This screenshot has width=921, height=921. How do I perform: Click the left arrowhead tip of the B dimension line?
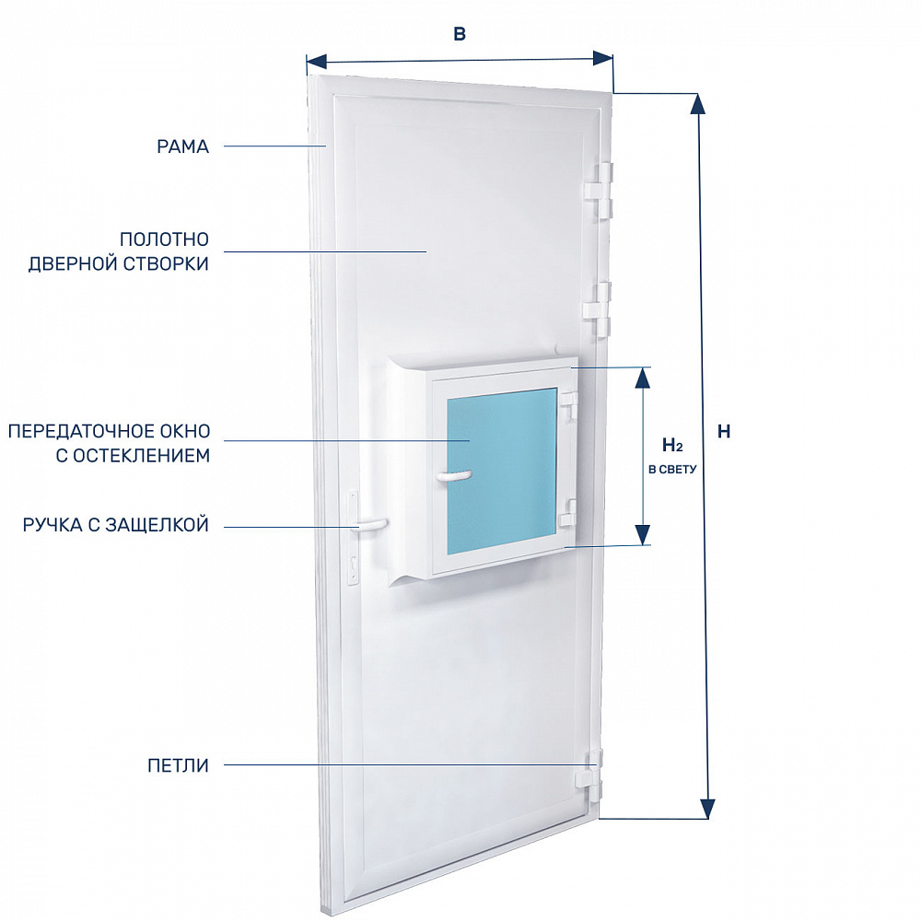pyautogui.click(x=308, y=61)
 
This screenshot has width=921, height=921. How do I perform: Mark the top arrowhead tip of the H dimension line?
pyautogui.click(x=697, y=94)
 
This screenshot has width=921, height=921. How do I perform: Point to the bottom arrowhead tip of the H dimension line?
pyautogui.click(x=709, y=818)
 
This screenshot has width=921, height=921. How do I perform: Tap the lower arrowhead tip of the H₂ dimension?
pyautogui.click(x=643, y=544)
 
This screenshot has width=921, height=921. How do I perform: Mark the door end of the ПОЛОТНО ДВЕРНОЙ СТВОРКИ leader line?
pyautogui.click(x=426, y=252)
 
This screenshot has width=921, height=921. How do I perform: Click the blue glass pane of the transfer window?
pyautogui.click(x=502, y=471)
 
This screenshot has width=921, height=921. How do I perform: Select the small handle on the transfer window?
pyautogui.click(x=453, y=476)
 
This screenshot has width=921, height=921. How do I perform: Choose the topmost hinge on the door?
pyautogui.click(x=600, y=189)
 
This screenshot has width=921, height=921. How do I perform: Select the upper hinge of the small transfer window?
pyautogui.click(x=568, y=403)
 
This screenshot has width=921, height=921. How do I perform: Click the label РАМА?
pyautogui.click(x=182, y=146)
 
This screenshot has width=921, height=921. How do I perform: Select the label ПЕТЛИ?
pyautogui.click(x=178, y=765)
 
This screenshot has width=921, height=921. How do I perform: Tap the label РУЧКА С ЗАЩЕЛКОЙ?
pyautogui.click(x=116, y=525)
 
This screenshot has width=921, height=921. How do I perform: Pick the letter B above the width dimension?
pyautogui.click(x=460, y=34)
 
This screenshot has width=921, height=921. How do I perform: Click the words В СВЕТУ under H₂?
pyautogui.click(x=672, y=470)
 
